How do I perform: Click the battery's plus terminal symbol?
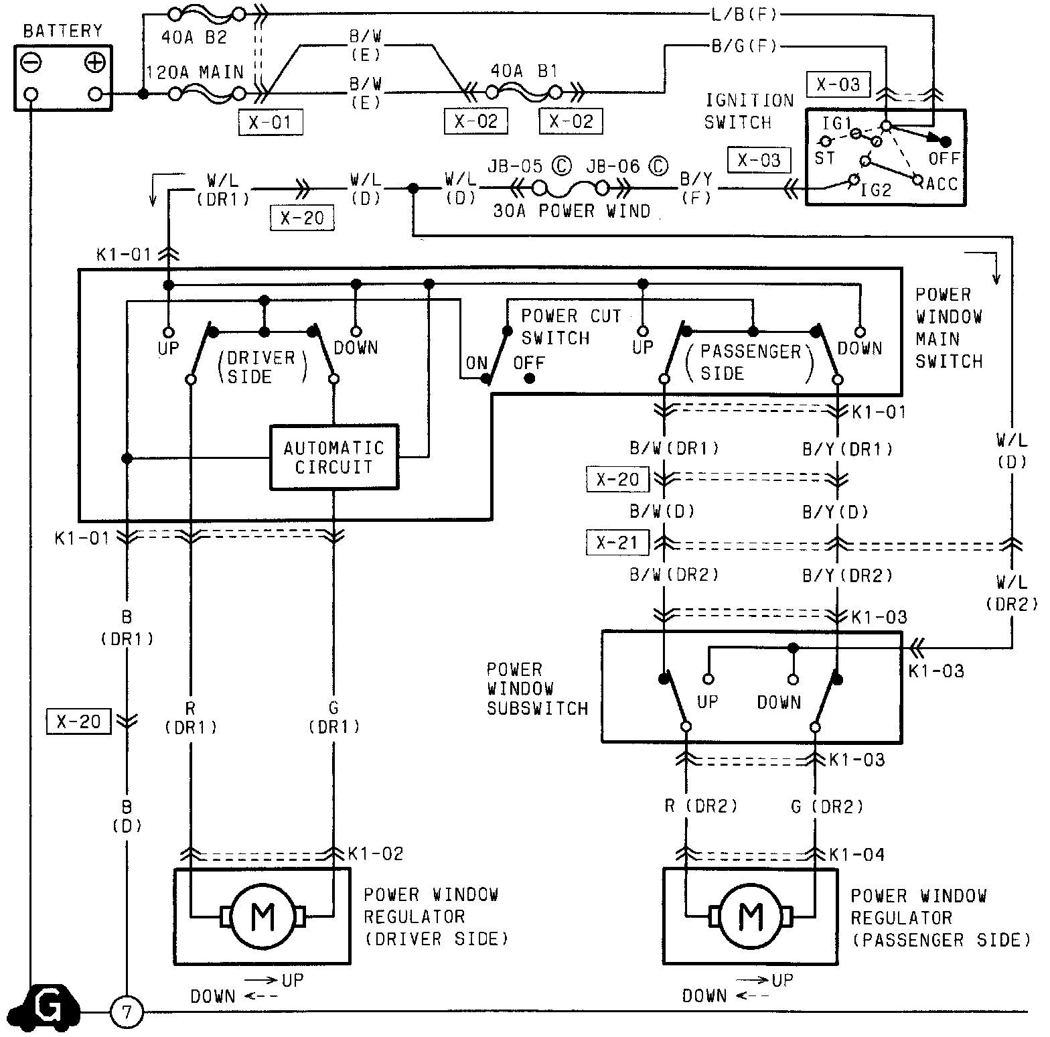(95, 63)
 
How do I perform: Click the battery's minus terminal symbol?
(31, 63)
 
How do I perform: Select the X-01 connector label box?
(270, 123)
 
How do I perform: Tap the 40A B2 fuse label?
(194, 38)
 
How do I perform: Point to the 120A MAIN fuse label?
(195, 72)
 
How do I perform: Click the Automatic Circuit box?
(333, 458)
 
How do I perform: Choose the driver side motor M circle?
(262, 916)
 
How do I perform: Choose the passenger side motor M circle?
(751, 916)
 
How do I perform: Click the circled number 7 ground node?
(127, 1012)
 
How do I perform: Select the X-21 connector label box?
(617, 542)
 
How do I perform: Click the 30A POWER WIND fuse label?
(571, 211)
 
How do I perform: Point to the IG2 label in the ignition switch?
(876, 190)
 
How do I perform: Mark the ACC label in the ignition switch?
(942, 184)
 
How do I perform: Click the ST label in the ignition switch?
(824, 158)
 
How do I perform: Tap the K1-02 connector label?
(376, 853)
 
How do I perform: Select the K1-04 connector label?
(856, 854)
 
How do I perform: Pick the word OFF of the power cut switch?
(529, 363)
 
